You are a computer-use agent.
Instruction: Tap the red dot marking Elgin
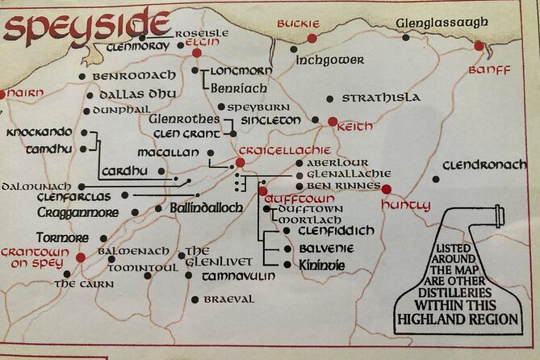coord(196,52)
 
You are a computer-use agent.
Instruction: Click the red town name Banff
coord(489,70)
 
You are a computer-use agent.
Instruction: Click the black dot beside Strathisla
coord(329,98)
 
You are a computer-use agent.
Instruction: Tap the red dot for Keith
coord(333,122)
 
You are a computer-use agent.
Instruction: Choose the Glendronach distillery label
coord(484,165)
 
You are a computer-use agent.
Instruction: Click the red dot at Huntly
coord(386,190)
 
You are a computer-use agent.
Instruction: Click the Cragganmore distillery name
coord(77,212)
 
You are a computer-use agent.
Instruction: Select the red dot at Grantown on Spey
coord(81,257)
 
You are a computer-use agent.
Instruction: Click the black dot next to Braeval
coord(195,299)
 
